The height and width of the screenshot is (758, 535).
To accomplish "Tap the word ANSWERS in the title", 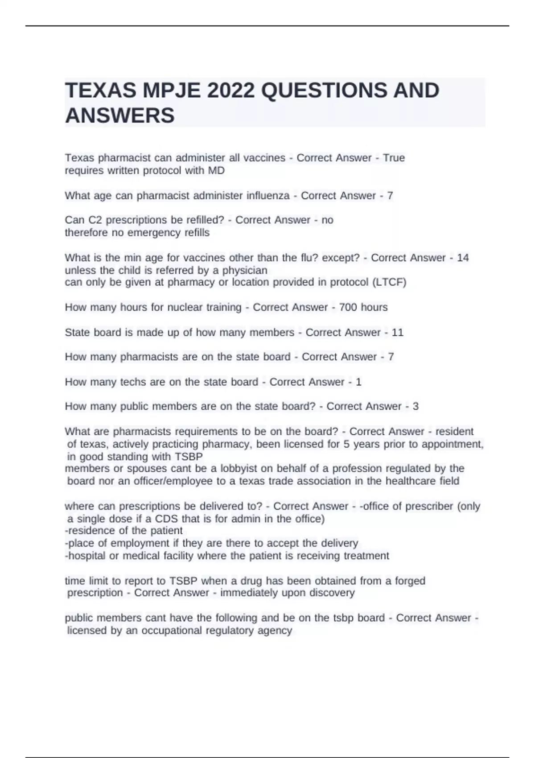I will point(120,116).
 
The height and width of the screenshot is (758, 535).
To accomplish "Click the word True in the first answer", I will point(394,158).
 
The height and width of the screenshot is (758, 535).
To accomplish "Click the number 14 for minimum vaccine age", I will point(463,258).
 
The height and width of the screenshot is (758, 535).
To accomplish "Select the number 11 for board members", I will point(397,332).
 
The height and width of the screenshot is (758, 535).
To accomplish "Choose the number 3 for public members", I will point(416,407).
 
